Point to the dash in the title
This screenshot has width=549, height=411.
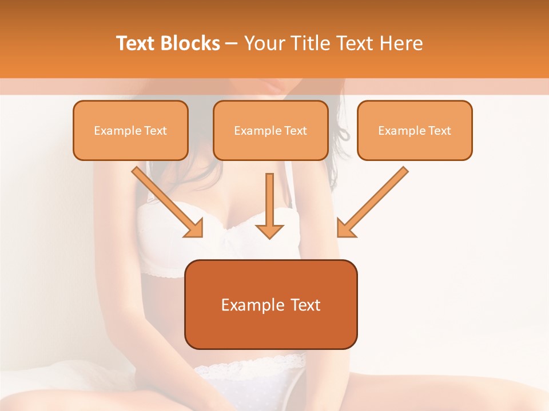pyautogui.click(x=232, y=44)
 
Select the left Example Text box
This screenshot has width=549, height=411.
pyautogui.click(x=130, y=130)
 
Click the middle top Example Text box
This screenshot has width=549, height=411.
pyautogui.click(x=270, y=130)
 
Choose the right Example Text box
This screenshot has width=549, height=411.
pyautogui.click(x=415, y=130)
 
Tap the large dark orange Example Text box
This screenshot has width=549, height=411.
pyautogui.click(x=270, y=304)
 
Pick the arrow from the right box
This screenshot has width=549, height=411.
pyautogui.click(x=375, y=201)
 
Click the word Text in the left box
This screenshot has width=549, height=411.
pyautogui.click(x=155, y=131)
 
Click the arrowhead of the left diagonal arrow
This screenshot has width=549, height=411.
pyautogui.click(x=195, y=228)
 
